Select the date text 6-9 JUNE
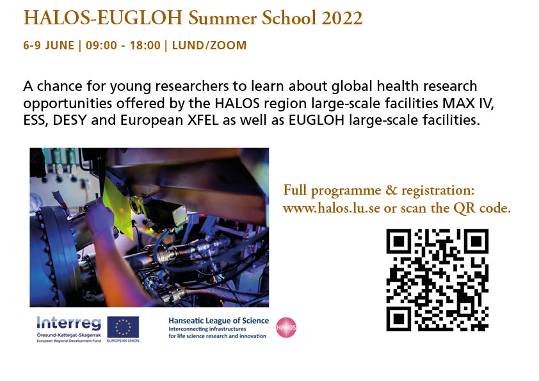click(x=48, y=45)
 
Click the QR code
click(x=437, y=279)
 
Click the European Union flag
click(x=123, y=326)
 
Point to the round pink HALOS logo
click(x=286, y=327)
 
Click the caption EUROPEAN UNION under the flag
click(x=123, y=341)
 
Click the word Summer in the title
click(x=226, y=18)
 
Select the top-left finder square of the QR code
click(x=399, y=241)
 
